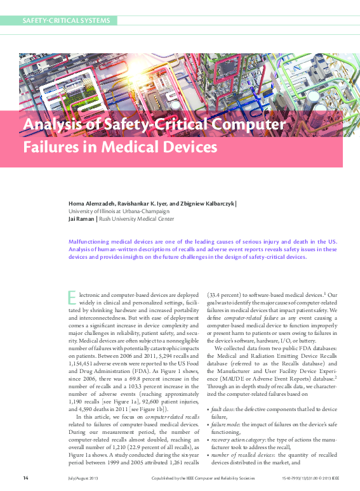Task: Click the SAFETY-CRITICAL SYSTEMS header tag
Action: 66,20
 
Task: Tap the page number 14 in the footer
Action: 25,478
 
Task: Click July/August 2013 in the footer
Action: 83,478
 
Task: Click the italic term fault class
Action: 224,410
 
